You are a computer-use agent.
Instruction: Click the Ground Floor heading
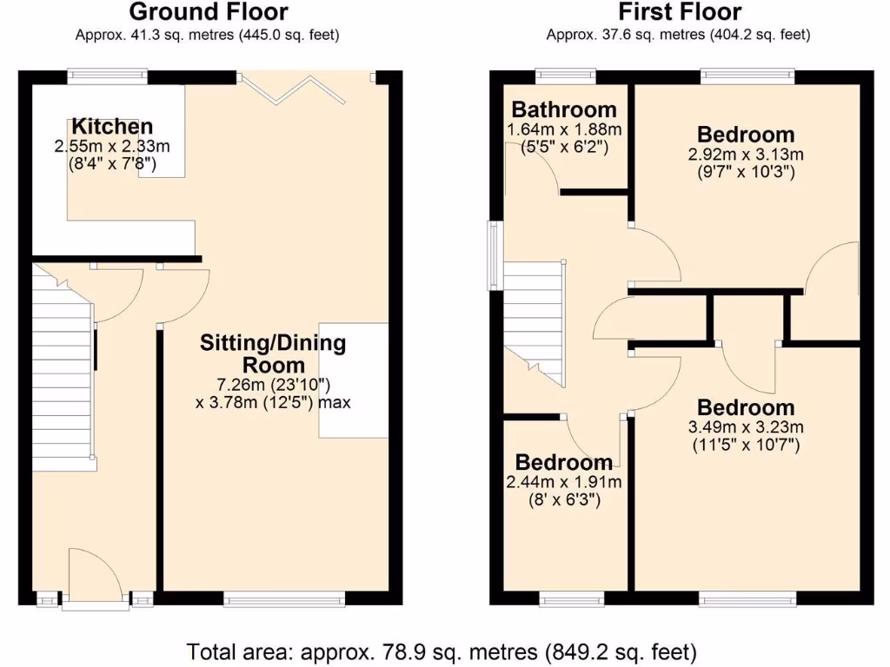click(208, 12)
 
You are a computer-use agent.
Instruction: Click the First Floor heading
click(680, 12)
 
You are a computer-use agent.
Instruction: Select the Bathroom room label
click(564, 109)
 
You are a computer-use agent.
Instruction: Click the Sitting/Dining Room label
click(273, 353)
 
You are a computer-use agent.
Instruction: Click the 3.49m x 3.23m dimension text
click(746, 427)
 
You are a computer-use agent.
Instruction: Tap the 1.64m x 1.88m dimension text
click(564, 129)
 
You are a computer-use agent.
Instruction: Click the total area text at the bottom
click(442, 650)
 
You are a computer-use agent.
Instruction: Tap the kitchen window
click(108, 76)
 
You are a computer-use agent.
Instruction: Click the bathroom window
click(565, 76)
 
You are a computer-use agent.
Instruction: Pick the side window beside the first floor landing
click(493, 255)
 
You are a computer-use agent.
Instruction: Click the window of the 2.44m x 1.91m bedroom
click(571, 598)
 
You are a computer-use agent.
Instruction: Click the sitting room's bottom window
click(284, 598)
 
